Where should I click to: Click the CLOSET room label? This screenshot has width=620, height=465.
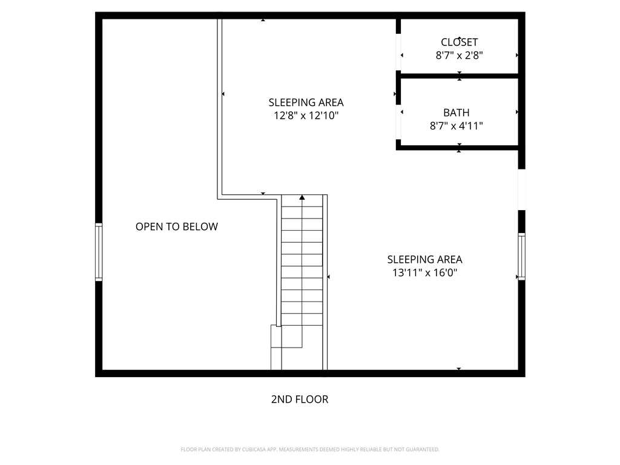coord(459,42)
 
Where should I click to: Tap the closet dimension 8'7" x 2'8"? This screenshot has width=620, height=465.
coord(459,55)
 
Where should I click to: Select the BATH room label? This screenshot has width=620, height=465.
coord(456,113)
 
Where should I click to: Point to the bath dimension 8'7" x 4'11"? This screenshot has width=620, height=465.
coord(456,126)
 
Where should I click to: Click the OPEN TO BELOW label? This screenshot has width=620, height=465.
coord(176,226)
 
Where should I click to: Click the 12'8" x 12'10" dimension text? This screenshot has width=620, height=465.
coord(306,115)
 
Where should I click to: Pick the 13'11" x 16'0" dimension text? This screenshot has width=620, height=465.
coord(424,272)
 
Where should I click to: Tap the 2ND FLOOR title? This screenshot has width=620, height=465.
coord(299,399)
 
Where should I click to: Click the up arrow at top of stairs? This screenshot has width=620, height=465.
coord(302,197)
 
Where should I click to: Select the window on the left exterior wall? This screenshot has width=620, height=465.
coord(99,252)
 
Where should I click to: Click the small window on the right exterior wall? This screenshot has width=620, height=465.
coord(521,256)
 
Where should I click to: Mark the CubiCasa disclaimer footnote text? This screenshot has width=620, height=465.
coord(310,449)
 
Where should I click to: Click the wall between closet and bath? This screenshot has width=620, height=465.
coord(458,76)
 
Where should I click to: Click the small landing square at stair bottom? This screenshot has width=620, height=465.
coord(276,336)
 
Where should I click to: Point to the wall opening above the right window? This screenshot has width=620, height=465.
coord(521,190)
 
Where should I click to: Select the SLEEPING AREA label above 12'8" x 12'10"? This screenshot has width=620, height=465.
coord(306,102)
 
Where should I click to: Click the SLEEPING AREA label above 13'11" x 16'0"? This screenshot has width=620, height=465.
coord(424,259)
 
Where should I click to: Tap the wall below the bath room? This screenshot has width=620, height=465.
coord(458,147)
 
